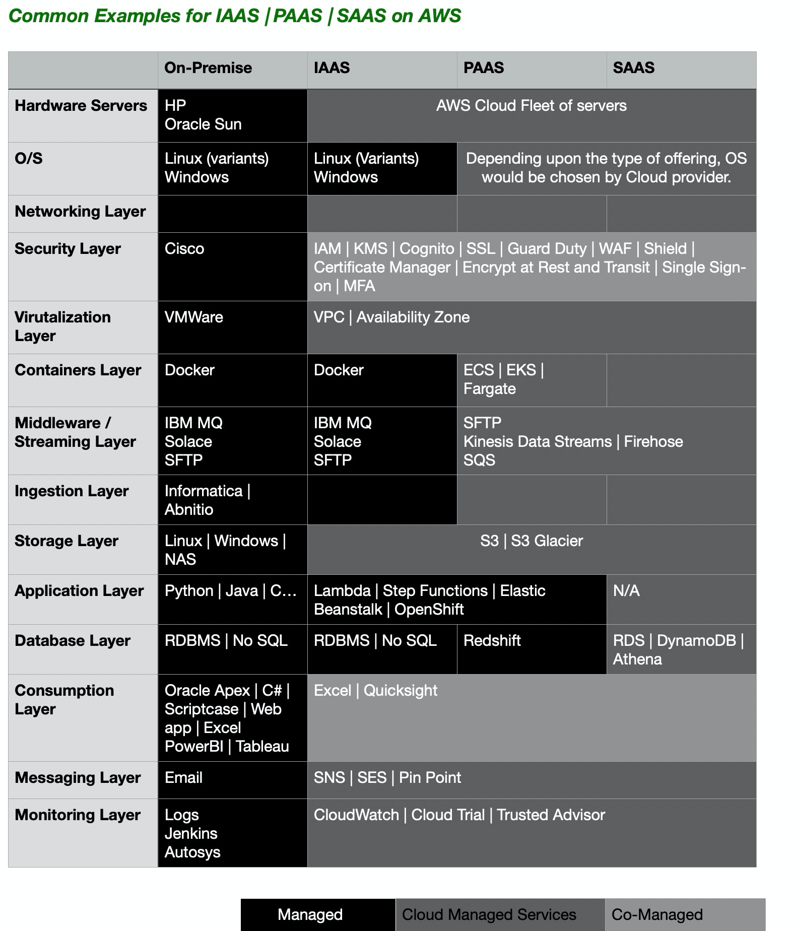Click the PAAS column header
tap(483, 68)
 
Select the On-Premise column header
tap(208, 68)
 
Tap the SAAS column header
tap(633, 68)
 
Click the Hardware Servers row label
tap(81, 106)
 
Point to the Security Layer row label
tap(68, 249)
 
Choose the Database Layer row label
tap(73, 641)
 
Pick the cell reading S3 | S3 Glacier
tap(532, 541)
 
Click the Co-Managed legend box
tap(684, 914)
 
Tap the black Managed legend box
tap(317, 914)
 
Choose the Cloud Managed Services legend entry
tap(499, 914)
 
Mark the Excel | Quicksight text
tap(375, 691)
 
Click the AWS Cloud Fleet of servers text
tap(532, 106)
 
